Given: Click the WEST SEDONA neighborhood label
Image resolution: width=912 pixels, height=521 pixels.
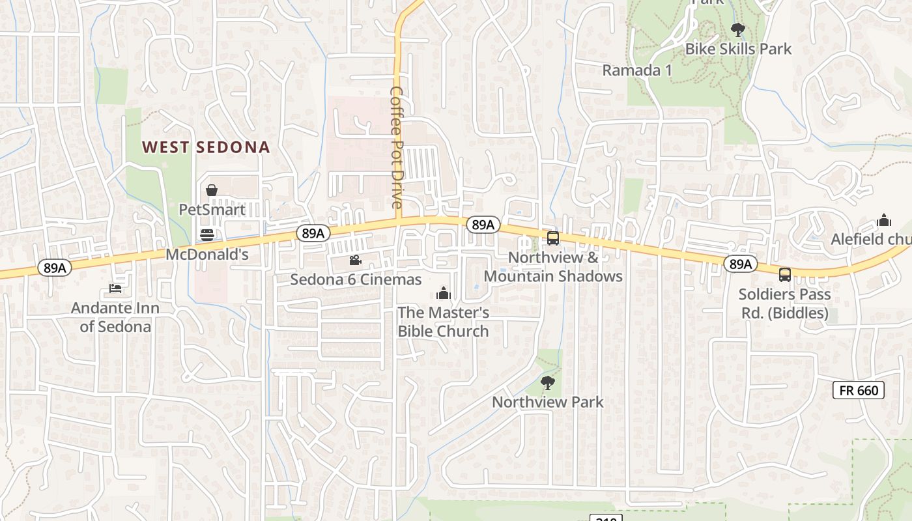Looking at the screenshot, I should click(x=206, y=147).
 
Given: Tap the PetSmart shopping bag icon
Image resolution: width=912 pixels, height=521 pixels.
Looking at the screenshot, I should click(x=212, y=190).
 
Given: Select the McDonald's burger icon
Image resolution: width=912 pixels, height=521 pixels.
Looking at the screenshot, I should click(x=207, y=234).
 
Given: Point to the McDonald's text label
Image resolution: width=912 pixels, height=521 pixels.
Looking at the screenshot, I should click(x=207, y=255).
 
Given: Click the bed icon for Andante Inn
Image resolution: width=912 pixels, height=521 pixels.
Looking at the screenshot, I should click(x=115, y=288).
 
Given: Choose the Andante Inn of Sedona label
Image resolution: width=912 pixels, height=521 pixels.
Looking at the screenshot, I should click(x=115, y=317).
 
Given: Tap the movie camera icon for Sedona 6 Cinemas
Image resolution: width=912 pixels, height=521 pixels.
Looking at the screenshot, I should click(x=355, y=260).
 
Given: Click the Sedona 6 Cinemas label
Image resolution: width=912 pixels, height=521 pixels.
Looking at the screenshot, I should click(x=356, y=279).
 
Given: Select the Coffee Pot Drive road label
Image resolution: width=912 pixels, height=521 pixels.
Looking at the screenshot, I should click(x=397, y=147).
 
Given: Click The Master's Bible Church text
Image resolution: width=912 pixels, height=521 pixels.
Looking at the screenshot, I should click(x=444, y=322).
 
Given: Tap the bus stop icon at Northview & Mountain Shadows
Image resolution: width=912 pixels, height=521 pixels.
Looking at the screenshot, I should click(x=553, y=238).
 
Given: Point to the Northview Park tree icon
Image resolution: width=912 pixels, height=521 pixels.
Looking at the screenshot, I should click(x=547, y=382).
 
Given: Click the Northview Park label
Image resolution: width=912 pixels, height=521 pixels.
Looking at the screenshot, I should click(x=547, y=402).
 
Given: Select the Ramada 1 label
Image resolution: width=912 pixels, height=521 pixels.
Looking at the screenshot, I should click(x=636, y=70).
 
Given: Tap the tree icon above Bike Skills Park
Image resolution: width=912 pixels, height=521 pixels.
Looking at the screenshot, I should click(x=738, y=29).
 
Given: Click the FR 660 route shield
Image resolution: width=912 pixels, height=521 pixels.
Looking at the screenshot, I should click(x=859, y=391).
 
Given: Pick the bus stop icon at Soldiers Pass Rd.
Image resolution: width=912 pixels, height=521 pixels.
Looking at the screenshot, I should click(x=785, y=275).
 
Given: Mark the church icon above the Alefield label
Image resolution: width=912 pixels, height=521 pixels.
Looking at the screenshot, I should click(x=884, y=220).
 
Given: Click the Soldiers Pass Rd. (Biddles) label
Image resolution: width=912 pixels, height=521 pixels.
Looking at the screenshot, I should click(x=784, y=303).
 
